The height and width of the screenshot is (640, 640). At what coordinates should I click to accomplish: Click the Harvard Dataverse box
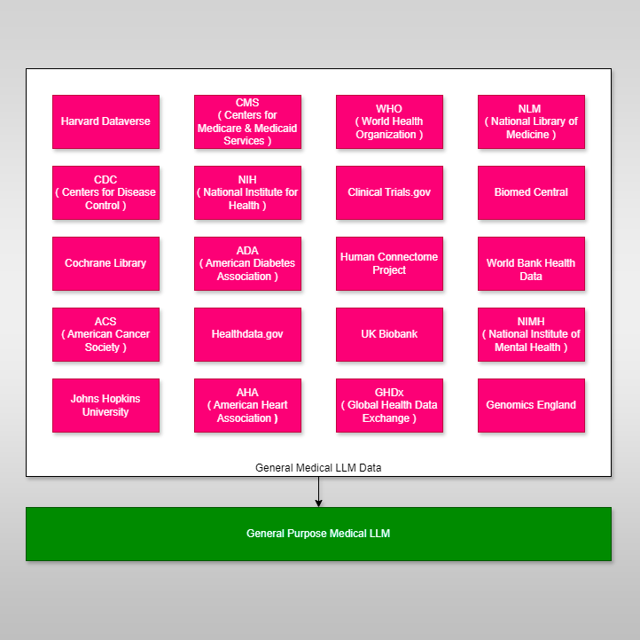point(105,121)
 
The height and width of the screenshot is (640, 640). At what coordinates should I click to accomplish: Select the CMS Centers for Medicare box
point(247,121)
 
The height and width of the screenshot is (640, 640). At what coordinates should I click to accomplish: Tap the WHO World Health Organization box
point(389,121)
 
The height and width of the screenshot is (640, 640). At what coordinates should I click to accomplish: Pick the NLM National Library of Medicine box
point(532,121)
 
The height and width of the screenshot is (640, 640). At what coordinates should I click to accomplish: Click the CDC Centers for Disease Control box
point(105,192)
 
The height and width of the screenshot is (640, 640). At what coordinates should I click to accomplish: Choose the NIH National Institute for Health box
point(247,192)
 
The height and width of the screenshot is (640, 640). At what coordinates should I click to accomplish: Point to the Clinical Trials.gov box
point(389,192)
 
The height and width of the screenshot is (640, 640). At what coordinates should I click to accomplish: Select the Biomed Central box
point(532,192)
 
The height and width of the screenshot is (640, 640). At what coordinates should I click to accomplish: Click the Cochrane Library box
point(105,263)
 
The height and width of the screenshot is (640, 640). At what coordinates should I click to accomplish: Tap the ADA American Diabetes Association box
point(247,263)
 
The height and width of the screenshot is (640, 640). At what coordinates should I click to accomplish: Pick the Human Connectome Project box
point(389,263)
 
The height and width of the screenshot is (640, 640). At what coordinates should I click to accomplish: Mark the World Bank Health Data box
point(532,263)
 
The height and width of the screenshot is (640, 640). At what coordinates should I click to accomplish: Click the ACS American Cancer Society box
point(105,335)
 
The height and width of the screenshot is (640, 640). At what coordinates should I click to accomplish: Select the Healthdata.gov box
point(247,335)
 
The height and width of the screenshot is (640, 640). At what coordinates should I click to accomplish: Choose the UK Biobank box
point(389,335)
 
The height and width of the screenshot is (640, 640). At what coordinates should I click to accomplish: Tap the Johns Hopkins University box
point(105,405)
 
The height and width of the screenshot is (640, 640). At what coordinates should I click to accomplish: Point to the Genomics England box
point(532,405)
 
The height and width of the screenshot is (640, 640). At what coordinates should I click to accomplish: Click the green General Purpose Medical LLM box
point(318,534)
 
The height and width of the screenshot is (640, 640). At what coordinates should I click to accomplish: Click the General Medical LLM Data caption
point(318,468)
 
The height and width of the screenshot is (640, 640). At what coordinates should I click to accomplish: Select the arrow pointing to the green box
point(318,492)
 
